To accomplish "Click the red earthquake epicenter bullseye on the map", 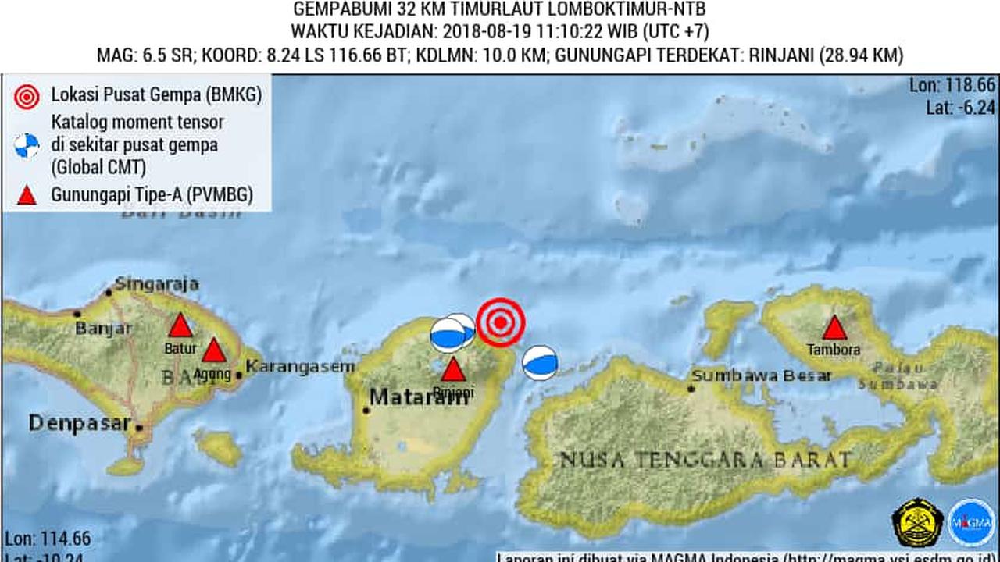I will (x=501, y=322).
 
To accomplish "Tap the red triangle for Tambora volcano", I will (x=834, y=329).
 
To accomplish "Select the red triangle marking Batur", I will (x=180, y=326).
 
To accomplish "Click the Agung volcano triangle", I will (x=213, y=351).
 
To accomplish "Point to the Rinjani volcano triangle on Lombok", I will (x=453, y=369).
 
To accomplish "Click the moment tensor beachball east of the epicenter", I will (x=540, y=363).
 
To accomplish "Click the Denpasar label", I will (x=79, y=423).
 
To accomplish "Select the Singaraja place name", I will (x=156, y=284).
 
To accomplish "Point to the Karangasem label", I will (x=300, y=366).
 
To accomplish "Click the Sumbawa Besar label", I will (x=761, y=375).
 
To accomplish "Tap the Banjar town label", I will (x=103, y=329).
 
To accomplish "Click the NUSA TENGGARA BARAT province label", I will (x=704, y=459).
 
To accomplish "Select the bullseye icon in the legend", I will (x=27, y=96).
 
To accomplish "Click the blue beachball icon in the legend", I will (x=27, y=145).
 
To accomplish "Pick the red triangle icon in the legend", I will (x=27, y=195).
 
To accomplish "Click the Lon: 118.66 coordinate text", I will (x=952, y=86).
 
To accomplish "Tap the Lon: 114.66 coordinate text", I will (x=48, y=539).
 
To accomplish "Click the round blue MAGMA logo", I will (x=971, y=522).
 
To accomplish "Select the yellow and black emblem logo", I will (x=917, y=522).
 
